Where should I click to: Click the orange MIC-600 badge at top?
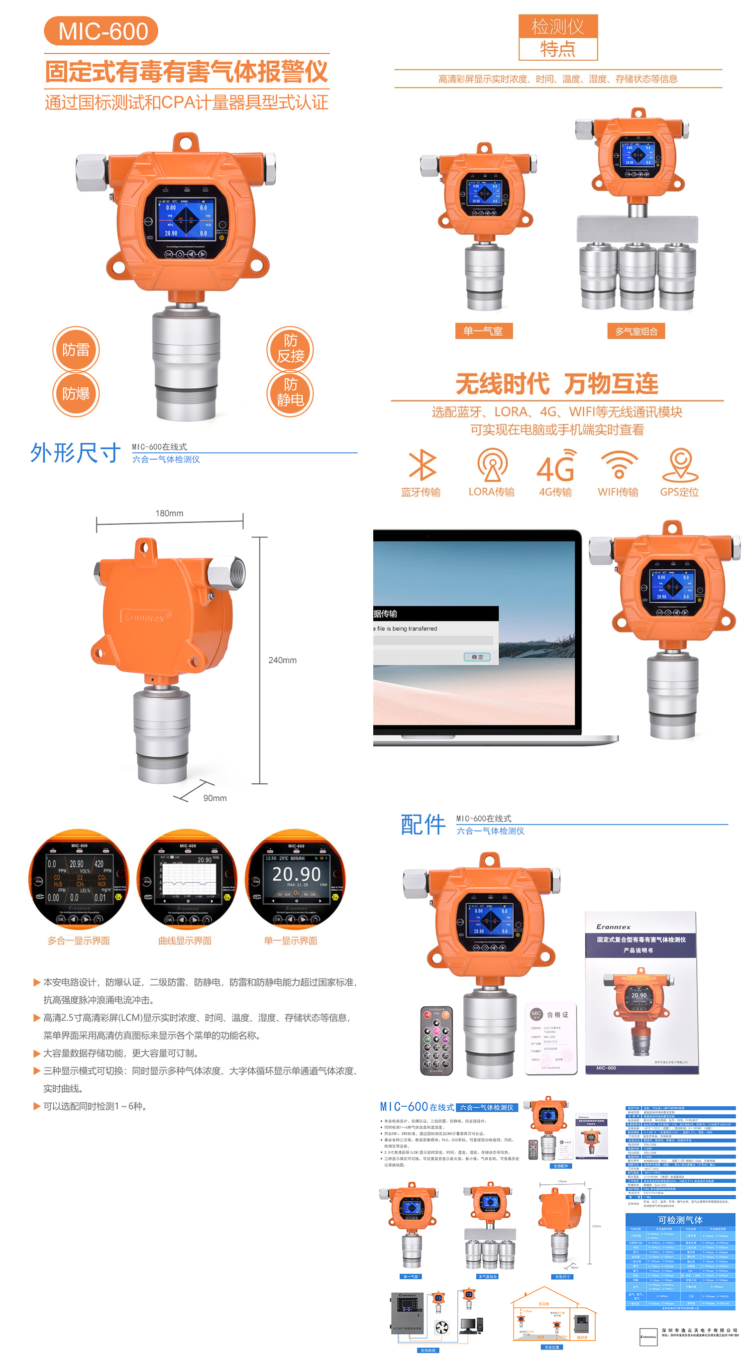pos(101,31)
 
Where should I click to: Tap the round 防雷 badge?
pos(76,350)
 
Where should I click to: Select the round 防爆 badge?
pos(76,394)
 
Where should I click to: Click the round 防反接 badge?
pos(290,349)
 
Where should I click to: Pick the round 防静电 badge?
pos(290,393)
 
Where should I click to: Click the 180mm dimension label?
pos(169,513)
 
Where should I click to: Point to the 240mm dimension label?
pos(282,660)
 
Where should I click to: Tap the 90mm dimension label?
pos(214,798)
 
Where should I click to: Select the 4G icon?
pos(555,466)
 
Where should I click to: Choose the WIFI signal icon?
pos(619,465)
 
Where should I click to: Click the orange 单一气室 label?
pos(484,331)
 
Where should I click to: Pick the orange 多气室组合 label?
pos(637,331)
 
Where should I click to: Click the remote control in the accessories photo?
pos(436,1041)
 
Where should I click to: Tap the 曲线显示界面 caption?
pos(185,941)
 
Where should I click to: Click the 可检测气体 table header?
pos(680,1220)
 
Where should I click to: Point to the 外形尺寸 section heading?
pos(75,453)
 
